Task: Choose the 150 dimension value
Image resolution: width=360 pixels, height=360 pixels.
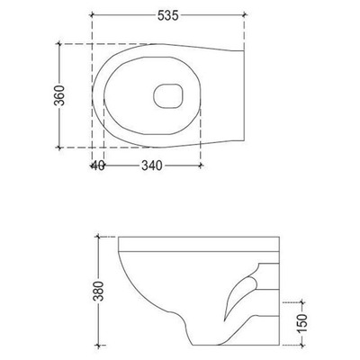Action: [302, 320]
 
